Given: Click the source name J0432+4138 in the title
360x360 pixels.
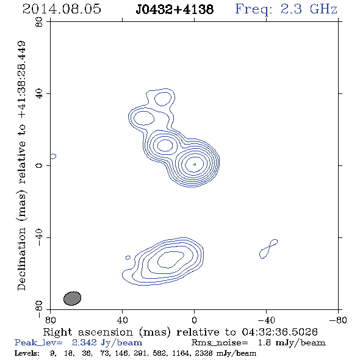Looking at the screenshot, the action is click(175, 9).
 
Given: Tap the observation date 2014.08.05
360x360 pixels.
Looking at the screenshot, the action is click(62, 9).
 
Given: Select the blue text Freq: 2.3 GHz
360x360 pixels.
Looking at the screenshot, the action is click(286, 10).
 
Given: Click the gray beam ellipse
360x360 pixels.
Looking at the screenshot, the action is click(73, 298).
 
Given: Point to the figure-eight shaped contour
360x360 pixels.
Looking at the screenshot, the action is click(268, 249).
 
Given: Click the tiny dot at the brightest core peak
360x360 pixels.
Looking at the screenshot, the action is click(195, 164).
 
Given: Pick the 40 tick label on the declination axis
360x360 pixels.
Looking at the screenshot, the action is click(39, 94).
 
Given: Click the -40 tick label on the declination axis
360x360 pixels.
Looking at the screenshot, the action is click(39, 237).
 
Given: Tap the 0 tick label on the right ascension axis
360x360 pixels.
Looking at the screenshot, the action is click(194, 320).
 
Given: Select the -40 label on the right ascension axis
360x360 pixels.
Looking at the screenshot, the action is click(266, 320).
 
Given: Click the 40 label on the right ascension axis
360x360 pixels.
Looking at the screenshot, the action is click(123, 320).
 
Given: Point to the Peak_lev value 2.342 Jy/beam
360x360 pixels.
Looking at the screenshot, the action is click(107, 343).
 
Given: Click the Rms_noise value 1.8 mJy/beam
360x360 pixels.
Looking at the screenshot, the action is click(292, 343).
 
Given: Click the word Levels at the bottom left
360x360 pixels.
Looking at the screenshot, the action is click(27, 353).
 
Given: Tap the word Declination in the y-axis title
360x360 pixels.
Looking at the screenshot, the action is click(21, 259).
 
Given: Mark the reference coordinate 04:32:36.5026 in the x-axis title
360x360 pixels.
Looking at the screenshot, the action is click(280, 332).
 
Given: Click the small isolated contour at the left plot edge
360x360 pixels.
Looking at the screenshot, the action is click(53, 156).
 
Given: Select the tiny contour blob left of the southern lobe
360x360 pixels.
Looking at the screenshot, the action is click(128, 257).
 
